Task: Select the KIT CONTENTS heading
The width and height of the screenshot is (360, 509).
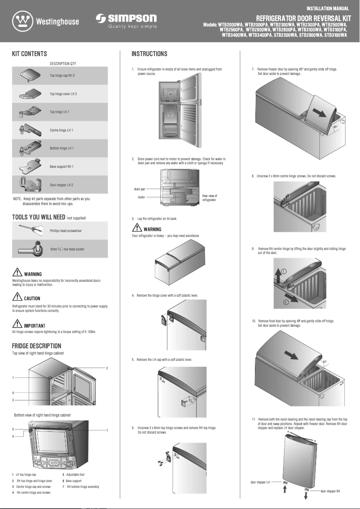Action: tap(29, 54)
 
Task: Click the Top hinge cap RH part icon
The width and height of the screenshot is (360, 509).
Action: tap(30, 75)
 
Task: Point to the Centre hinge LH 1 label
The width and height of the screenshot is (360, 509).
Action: tap(61, 130)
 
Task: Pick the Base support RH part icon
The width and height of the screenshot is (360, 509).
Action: tap(30, 167)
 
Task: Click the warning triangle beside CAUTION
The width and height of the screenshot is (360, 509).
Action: tap(18, 297)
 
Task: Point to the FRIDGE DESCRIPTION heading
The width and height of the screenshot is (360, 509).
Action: tap(36, 346)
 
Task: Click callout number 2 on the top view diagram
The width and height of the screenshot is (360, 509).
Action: tap(107, 368)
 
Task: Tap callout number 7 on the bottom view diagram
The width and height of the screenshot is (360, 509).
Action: tap(107, 430)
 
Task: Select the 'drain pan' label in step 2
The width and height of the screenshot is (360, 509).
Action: tap(139, 189)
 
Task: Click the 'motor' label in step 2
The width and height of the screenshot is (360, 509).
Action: tap(141, 197)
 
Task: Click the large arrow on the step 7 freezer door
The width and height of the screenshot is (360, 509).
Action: tap(323, 112)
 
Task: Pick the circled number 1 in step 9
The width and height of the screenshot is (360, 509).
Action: tap(284, 271)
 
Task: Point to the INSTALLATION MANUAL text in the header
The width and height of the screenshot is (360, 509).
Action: tap(328, 9)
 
